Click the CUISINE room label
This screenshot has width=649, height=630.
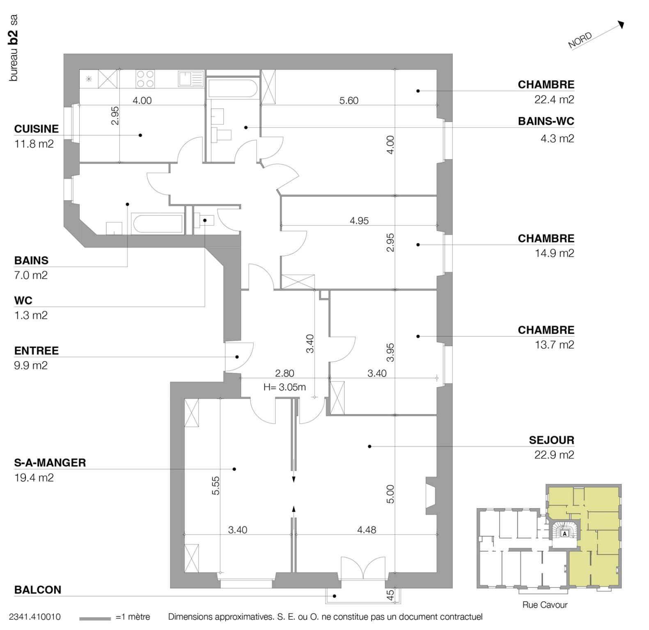pos(36,129)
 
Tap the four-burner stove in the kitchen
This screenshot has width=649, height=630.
pos(145,79)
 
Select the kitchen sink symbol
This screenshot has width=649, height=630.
pos(191,79)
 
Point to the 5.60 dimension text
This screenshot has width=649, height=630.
pos(349,100)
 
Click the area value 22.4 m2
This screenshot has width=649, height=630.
pos(554,100)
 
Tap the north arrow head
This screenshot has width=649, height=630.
pos(621,25)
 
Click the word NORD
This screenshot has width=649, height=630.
pos(580,40)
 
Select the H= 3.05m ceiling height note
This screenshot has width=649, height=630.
pos(284,387)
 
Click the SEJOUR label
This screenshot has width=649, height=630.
pos(551,440)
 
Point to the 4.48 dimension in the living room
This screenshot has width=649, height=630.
pos(366,530)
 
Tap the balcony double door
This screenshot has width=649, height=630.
pos(363,568)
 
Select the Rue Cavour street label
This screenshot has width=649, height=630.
pos(545,605)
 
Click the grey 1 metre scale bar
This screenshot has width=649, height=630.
pos(95,619)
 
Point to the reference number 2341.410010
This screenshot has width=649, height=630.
pos(34,617)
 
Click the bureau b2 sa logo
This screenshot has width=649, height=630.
pos(14,48)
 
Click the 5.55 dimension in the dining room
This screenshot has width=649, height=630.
pos(216,485)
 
